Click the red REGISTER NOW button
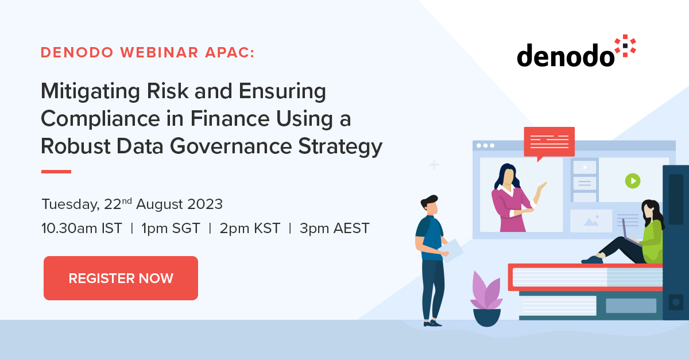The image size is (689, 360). (121, 278)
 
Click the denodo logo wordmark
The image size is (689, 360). (565, 56)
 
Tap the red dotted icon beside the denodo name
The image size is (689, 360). (625, 46)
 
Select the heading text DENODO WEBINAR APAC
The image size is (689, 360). (148, 53)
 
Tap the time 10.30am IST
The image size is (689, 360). (82, 228)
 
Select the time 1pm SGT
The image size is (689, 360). (171, 228)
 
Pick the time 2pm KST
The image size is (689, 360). (250, 228)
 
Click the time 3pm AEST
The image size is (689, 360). (334, 228)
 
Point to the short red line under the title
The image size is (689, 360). (56, 171)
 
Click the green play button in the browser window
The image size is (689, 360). (632, 181)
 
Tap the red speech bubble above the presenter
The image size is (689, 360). (549, 141)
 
